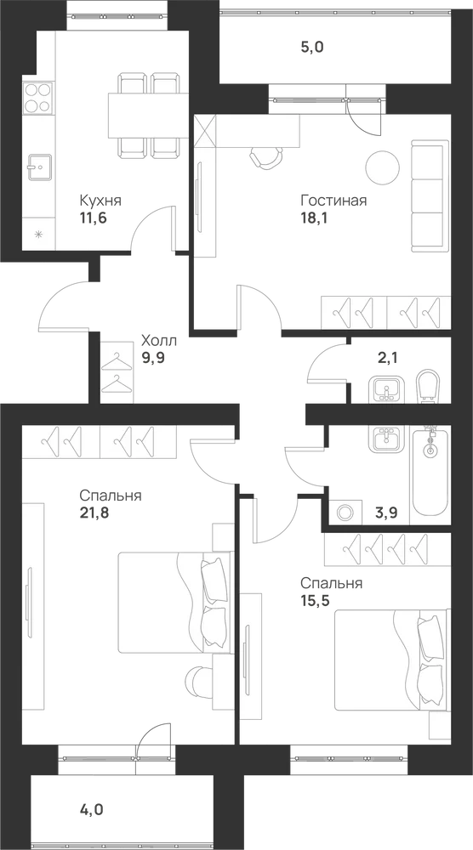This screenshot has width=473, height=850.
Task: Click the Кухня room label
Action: click(100, 201)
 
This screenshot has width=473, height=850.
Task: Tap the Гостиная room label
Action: click(333, 201)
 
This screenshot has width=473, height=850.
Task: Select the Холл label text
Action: click(159, 341)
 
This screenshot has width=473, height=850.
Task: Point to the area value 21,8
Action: click(94, 513)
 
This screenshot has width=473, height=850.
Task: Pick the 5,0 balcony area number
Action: click(312, 48)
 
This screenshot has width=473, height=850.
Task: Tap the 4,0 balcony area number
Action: click(91, 810)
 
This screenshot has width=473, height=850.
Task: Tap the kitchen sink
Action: click(40, 167)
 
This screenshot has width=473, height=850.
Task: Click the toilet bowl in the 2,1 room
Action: click(429, 387)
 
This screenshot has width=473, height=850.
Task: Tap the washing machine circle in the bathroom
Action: click(345, 512)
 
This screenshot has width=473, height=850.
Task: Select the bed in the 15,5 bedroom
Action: click(391, 660)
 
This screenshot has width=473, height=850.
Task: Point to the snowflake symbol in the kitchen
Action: click(38, 235)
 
